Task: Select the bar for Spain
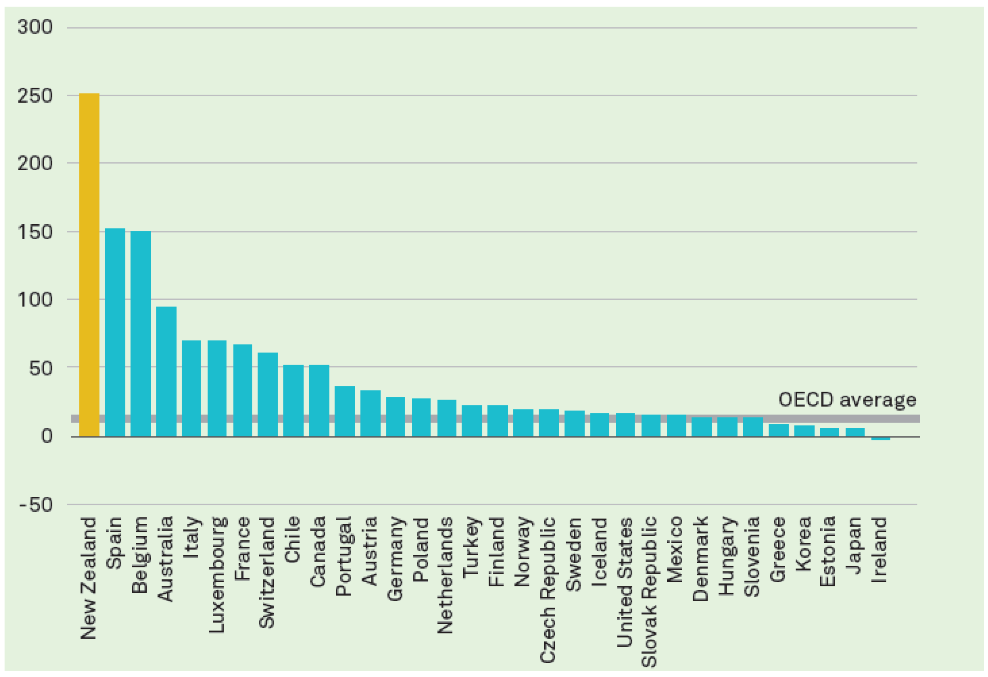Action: [115, 332]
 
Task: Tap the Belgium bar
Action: [140, 334]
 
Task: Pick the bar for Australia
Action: [166, 371]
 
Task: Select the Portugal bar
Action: [344, 411]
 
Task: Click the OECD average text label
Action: [847, 400]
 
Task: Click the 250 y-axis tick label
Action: [35, 96]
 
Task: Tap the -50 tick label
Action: [36, 505]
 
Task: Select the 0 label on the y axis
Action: [47, 436]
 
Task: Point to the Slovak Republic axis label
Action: [649, 591]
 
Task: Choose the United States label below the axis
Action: [624, 582]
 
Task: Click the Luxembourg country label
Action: [217, 574]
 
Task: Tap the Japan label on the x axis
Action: [855, 545]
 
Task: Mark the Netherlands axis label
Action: [445, 575]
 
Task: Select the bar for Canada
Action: [319, 400]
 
